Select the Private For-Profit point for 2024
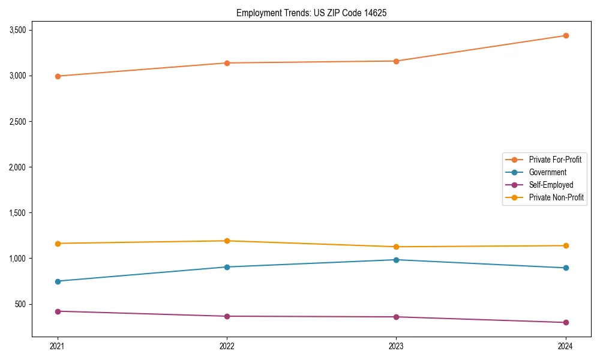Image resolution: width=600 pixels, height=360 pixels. [565, 35]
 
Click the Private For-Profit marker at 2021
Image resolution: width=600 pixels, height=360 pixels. [58, 76]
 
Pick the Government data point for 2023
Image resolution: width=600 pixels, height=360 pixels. [396, 260]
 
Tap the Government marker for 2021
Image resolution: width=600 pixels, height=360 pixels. [58, 281]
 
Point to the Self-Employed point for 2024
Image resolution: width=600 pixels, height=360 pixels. [565, 322]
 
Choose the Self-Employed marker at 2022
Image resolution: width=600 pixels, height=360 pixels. [227, 316]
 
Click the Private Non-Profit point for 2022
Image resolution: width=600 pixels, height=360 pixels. [227, 241]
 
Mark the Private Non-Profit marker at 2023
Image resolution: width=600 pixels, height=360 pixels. [396, 247]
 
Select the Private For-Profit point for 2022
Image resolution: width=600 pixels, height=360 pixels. [227, 63]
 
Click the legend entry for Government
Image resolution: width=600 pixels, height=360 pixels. [547, 172]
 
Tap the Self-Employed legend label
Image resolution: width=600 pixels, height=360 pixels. [551, 185]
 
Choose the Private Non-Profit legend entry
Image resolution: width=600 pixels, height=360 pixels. [556, 197]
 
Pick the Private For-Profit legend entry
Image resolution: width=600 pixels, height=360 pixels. [555, 160]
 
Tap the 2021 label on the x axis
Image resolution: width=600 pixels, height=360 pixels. [58, 346]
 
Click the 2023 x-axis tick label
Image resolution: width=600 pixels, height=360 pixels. [396, 346]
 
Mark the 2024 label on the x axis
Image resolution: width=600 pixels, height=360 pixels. [565, 346]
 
